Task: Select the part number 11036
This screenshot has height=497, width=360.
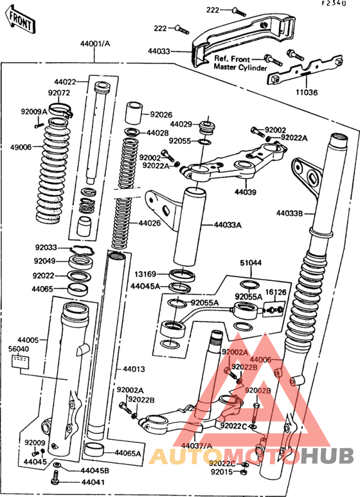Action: [x=307, y=92]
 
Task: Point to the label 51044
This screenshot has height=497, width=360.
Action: [x=251, y=262]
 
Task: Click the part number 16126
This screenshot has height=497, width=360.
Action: [x=276, y=292]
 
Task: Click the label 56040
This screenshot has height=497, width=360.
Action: [x=19, y=348]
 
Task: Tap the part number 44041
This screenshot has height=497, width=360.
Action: [x=93, y=481]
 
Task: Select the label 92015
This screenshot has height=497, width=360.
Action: [x=220, y=473]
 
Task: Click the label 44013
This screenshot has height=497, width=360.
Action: [x=125, y=370]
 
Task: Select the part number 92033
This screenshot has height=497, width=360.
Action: [x=46, y=248]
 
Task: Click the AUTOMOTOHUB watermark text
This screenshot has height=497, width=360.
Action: [x=251, y=456]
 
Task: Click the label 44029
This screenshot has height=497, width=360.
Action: [x=181, y=123]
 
